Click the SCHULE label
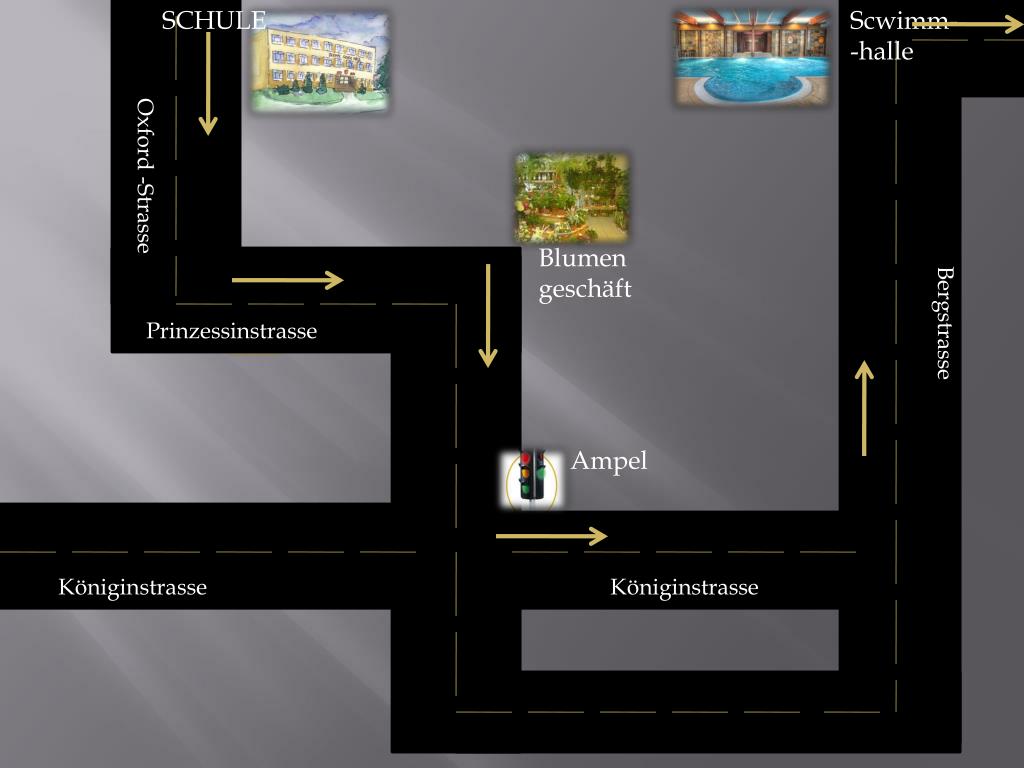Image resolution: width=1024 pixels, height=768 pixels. [x=213, y=20]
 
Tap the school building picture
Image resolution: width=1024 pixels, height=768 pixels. [x=320, y=61]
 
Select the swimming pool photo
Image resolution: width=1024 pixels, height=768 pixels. [x=752, y=57]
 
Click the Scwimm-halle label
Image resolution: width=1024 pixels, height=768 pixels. [x=896, y=36]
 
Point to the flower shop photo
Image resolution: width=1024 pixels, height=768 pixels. [x=572, y=197]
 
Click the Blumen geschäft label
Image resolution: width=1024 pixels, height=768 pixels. [x=585, y=274]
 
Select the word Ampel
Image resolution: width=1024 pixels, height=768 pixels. [x=609, y=461]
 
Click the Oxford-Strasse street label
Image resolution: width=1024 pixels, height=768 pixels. [x=145, y=176]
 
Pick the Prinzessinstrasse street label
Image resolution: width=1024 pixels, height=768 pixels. [x=231, y=331]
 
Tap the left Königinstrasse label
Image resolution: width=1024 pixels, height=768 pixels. [x=132, y=587]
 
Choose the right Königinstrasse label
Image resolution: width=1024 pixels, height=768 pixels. [x=684, y=587]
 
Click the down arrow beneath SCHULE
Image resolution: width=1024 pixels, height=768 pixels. [x=208, y=83]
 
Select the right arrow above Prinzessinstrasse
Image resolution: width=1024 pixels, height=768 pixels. [x=288, y=280]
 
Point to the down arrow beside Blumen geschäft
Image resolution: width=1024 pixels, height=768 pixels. [x=488, y=316]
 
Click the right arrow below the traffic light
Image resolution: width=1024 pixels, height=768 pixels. [x=552, y=537]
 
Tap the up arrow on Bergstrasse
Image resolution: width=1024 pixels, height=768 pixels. [x=864, y=408]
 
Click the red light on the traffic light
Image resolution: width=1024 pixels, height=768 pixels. [x=526, y=459]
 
